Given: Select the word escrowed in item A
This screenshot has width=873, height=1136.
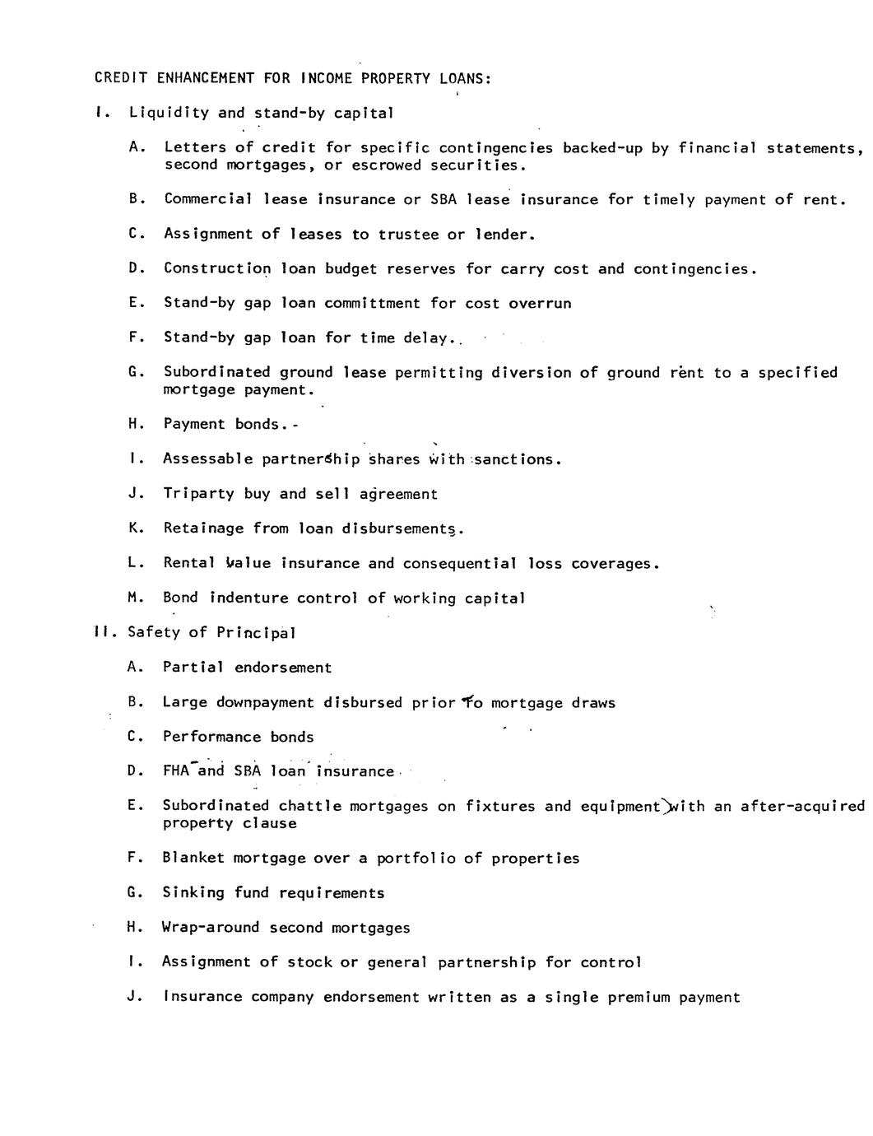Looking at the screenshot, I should [x=387, y=165].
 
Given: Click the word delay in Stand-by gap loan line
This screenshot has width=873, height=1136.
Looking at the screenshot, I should [x=425, y=338].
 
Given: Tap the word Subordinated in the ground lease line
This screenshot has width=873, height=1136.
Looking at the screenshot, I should [x=217, y=372].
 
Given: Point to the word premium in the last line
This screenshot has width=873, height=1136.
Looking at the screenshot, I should [x=639, y=997].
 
